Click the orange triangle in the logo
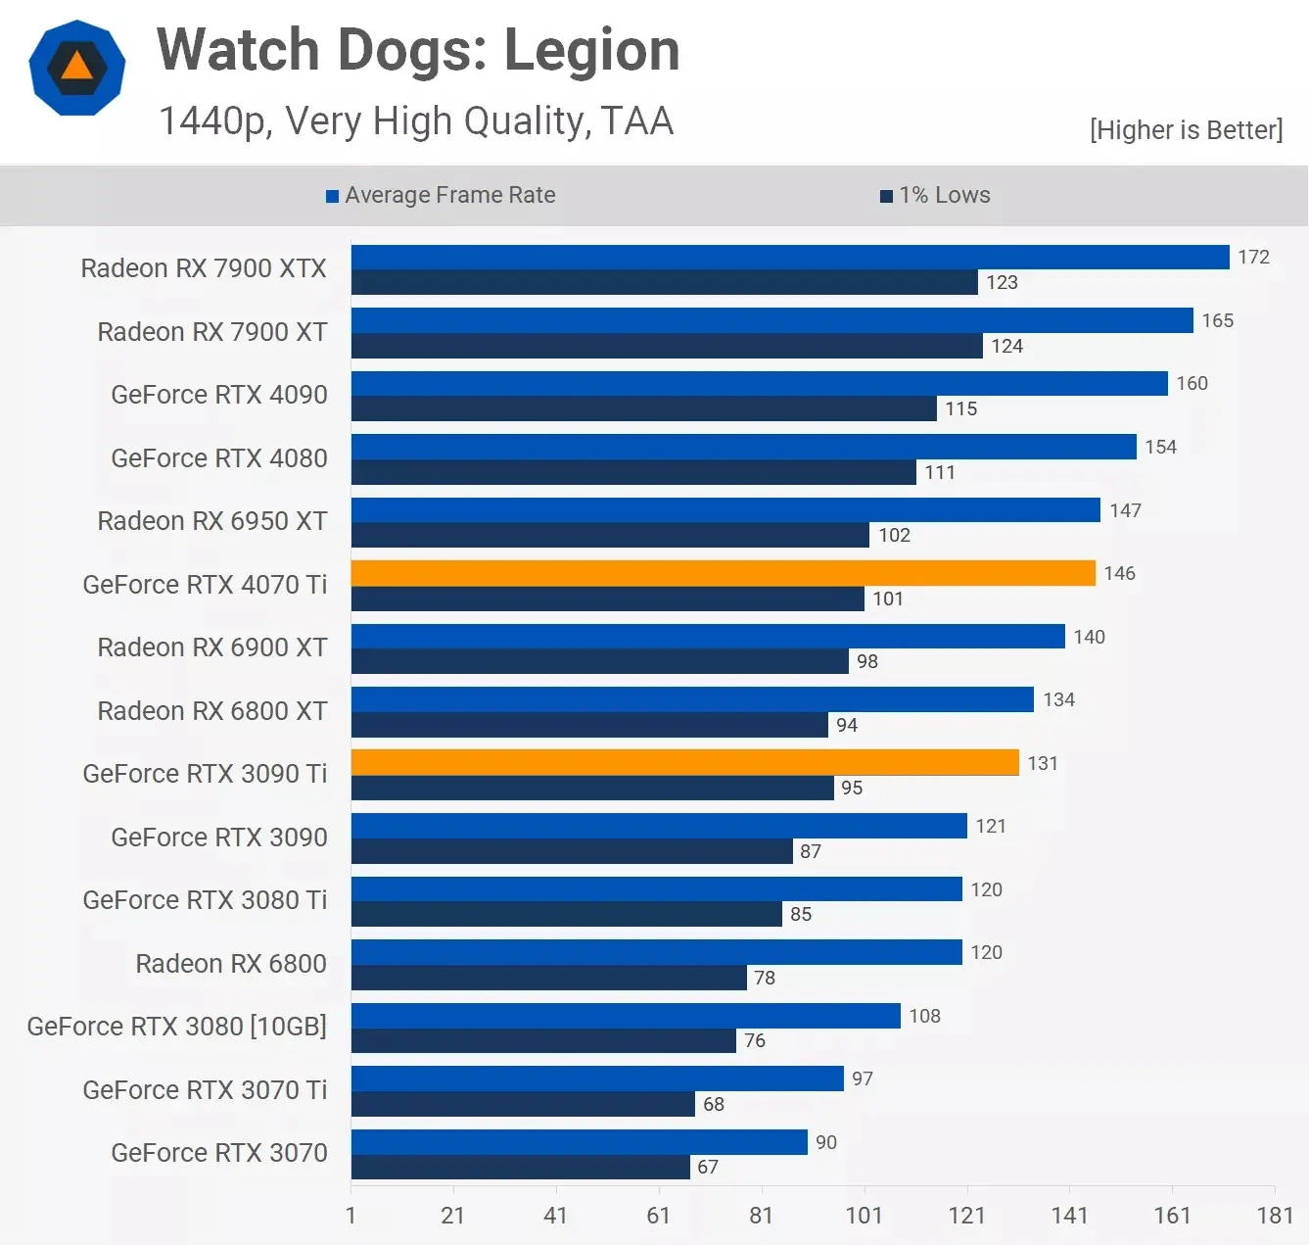[x=76, y=67]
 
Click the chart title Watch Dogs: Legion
[x=418, y=50]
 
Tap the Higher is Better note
[x=1186, y=130]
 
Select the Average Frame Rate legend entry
[x=441, y=195]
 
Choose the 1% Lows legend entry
[x=935, y=195]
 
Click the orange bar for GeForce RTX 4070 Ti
[x=723, y=573]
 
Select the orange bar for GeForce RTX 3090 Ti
[x=684, y=762]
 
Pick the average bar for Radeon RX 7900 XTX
[x=789, y=257]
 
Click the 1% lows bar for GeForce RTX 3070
[x=520, y=1167]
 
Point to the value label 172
[x=1253, y=257]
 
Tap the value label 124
[x=1006, y=346]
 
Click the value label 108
[x=924, y=1016]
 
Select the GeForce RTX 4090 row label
[x=219, y=395]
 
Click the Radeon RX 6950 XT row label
[x=212, y=521]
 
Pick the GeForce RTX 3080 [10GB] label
[x=177, y=1027]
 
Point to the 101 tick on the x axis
[x=864, y=1216]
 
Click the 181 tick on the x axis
[x=1275, y=1216]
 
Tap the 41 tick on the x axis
[x=555, y=1216]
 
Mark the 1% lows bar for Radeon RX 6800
[x=548, y=978]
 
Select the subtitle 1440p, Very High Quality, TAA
[x=416, y=121]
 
